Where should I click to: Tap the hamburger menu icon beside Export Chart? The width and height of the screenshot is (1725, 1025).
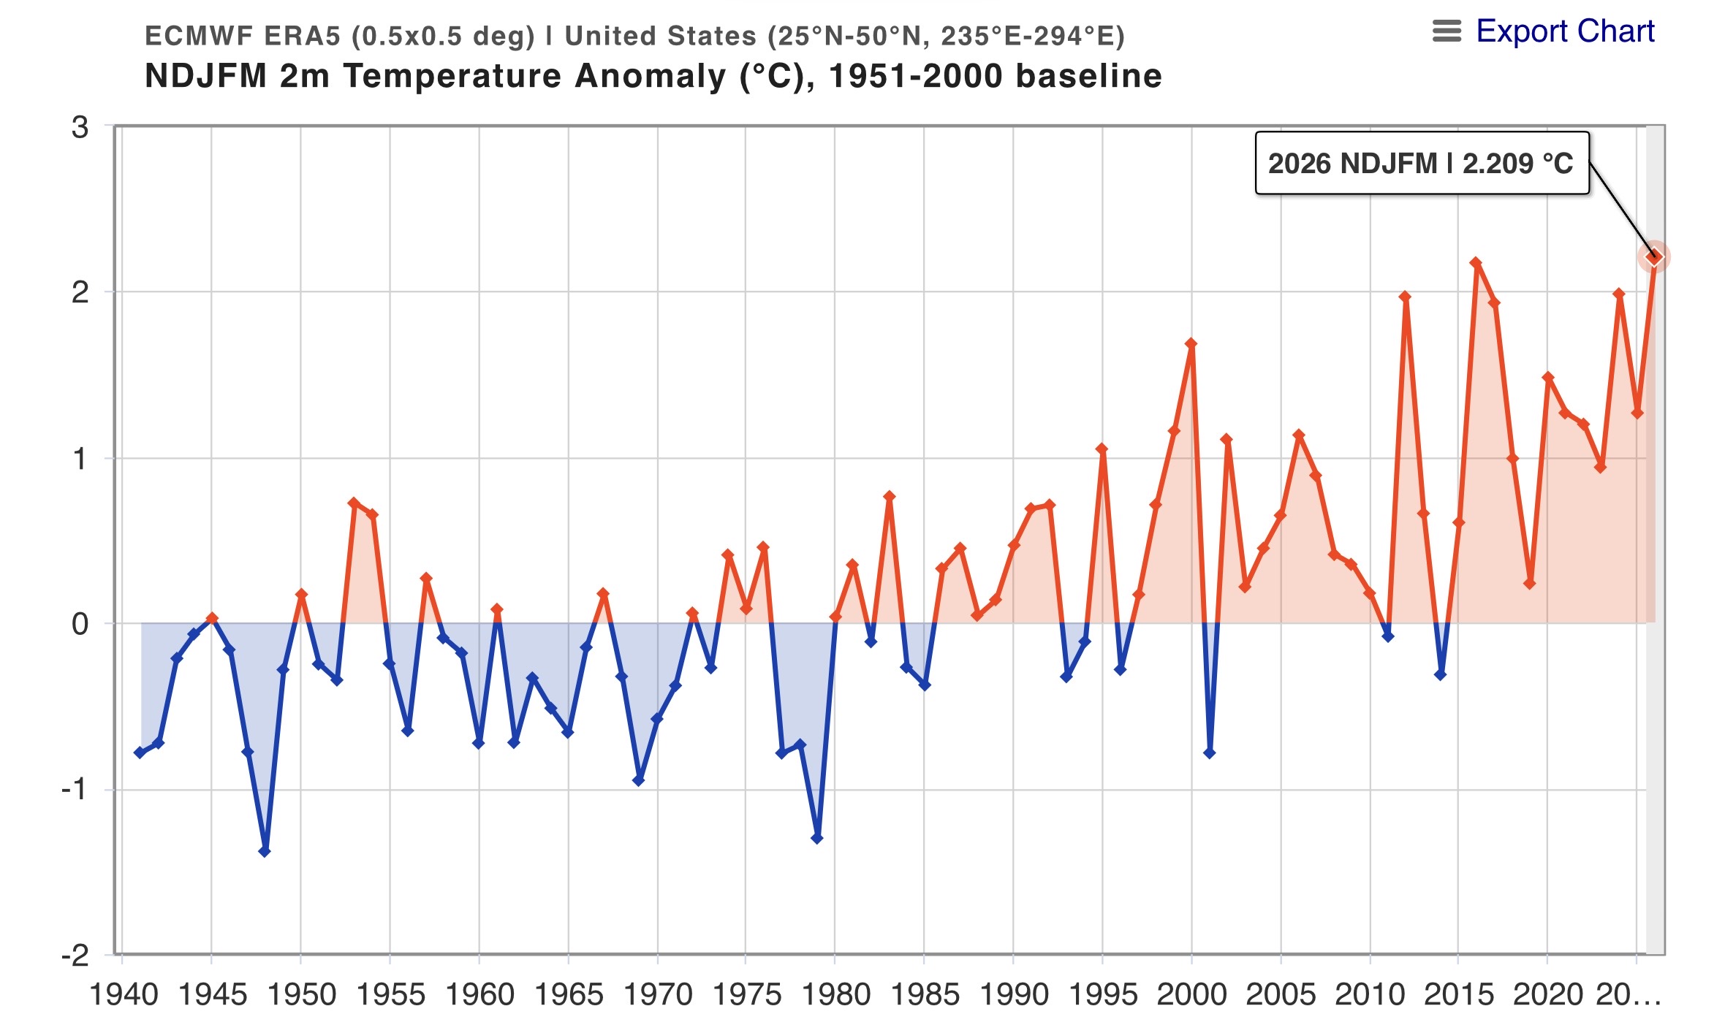pyautogui.click(x=1447, y=31)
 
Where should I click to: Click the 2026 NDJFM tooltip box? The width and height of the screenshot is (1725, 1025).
pyautogui.click(x=1422, y=164)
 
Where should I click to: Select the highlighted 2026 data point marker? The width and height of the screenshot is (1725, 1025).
pyautogui.click(x=1653, y=257)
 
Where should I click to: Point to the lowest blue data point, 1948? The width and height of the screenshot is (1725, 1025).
pyautogui.click(x=265, y=851)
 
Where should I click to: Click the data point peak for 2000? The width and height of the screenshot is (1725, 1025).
pyautogui.click(x=1191, y=343)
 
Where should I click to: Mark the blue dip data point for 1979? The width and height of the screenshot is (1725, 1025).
pyautogui.click(x=817, y=838)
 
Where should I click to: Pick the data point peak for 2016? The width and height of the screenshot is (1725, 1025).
pyautogui.click(x=1476, y=262)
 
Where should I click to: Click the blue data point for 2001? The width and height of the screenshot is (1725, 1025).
pyautogui.click(x=1209, y=752)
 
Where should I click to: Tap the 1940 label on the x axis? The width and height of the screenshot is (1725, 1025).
pyautogui.click(x=124, y=995)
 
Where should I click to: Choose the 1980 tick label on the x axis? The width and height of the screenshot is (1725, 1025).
pyautogui.click(x=835, y=995)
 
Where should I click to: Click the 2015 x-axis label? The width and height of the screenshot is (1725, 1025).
pyautogui.click(x=1458, y=995)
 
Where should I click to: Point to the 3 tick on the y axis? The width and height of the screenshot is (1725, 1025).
pyautogui.click(x=80, y=128)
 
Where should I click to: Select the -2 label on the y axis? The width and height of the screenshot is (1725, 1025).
pyautogui.click(x=75, y=955)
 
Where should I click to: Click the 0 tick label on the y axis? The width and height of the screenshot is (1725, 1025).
pyautogui.click(x=80, y=625)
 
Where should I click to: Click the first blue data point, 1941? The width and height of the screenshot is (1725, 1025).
pyautogui.click(x=140, y=752)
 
